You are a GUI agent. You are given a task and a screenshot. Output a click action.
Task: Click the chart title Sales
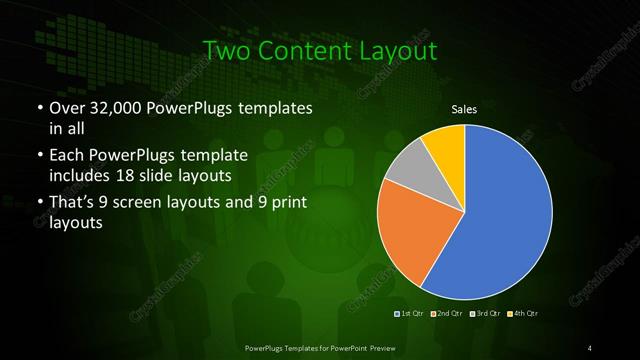pyautogui.click(x=465, y=109)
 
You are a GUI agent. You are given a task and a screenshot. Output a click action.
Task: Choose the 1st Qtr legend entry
pyautogui.click(x=411, y=314)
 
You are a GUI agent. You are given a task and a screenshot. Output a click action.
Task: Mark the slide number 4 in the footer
pyautogui.click(x=590, y=347)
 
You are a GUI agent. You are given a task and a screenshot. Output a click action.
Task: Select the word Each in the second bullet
pyautogui.click(x=66, y=157)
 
